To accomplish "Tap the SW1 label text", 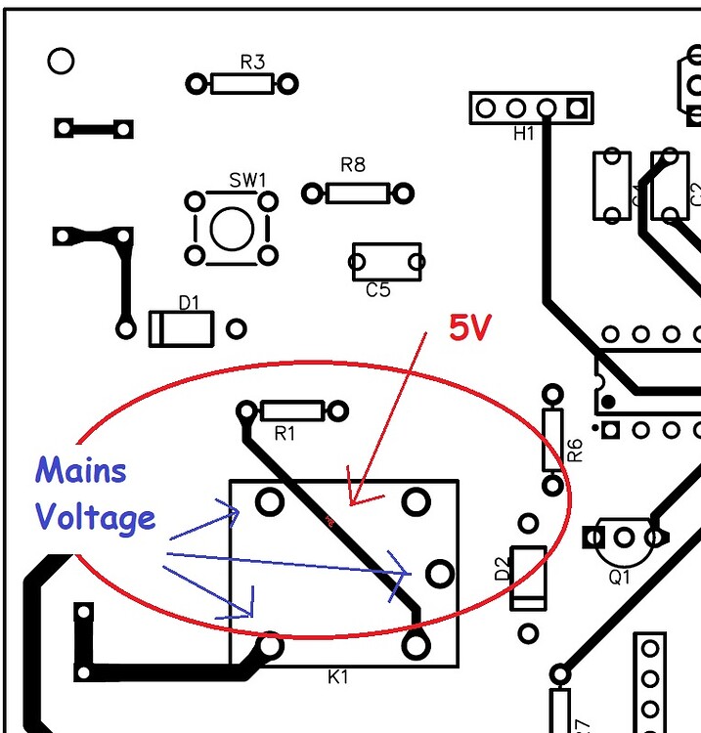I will (x=247, y=180).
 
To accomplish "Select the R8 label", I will (x=353, y=165).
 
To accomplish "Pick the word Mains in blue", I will (x=81, y=471).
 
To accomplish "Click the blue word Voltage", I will (x=96, y=518).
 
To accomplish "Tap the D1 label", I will (x=189, y=304).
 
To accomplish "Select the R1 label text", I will (x=284, y=434).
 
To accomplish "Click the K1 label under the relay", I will (x=337, y=676).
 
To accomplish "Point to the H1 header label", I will (x=524, y=133).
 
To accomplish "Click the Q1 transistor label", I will (x=620, y=577).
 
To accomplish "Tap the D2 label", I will (x=502, y=569).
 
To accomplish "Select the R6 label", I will (x=575, y=450).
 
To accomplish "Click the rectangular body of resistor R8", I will (x=357, y=193).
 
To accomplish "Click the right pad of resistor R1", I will (x=339, y=410).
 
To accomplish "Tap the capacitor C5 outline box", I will (x=386, y=262).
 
